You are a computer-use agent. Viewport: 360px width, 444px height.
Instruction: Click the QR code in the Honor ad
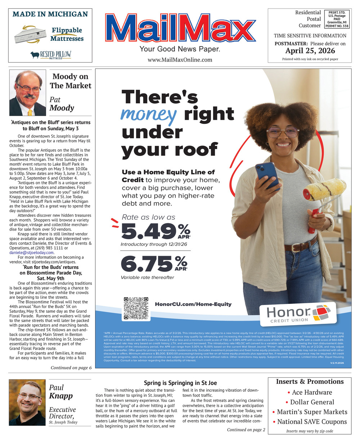click(136, 308)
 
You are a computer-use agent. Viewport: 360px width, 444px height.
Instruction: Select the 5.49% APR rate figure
click(155, 231)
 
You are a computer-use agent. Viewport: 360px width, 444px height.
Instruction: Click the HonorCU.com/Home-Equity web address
click(193, 304)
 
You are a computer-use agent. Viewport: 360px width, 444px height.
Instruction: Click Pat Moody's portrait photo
click(27, 93)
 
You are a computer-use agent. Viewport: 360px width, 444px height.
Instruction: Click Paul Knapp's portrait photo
click(27, 402)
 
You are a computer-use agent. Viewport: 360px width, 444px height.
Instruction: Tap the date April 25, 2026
click(310, 51)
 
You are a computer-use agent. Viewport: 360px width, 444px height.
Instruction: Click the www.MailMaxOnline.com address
click(180, 60)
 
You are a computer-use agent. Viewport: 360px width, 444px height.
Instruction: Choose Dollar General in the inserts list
click(312, 402)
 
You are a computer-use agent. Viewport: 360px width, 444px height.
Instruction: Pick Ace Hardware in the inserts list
click(312, 393)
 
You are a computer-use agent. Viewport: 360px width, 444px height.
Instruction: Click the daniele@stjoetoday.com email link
click(32, 253)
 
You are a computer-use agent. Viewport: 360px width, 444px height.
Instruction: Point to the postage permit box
click(337, 19)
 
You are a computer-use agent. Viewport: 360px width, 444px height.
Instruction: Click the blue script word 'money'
click(149, 114)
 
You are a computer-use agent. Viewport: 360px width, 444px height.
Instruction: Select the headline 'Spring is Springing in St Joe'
click(180, 383)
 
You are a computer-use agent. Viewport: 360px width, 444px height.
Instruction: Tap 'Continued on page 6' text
click(71, 368)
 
